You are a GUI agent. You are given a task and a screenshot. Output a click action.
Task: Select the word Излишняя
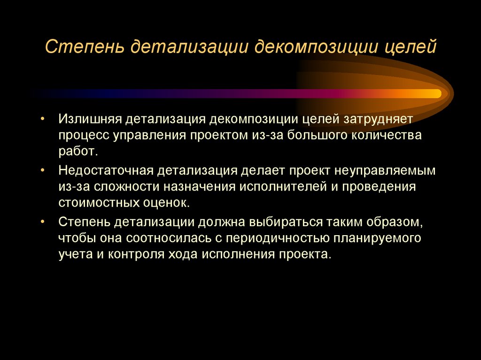click(89, 119)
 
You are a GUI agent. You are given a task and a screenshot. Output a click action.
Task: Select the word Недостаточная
click(106, 170)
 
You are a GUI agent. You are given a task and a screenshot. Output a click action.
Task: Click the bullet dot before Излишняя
click(43, 119)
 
